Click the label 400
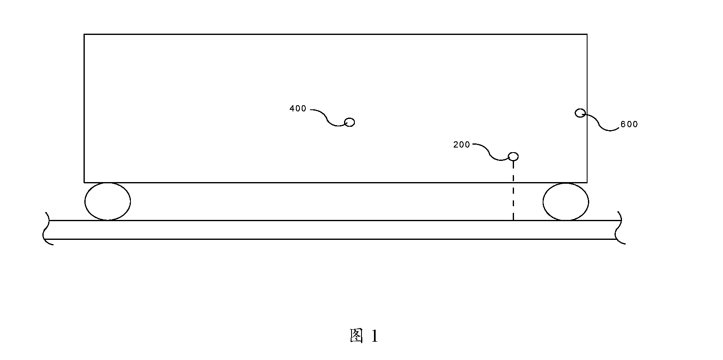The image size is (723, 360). [298, 108]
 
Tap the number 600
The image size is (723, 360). [629, 124]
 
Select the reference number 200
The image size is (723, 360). [462, 145]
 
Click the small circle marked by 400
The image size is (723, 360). [350, 122]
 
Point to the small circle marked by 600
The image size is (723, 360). [580, 113]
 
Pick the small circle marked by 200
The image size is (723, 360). [514, 157]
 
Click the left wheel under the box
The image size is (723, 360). [108, 202]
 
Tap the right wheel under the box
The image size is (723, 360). [566, 202]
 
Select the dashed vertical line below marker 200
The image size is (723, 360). [514, 191]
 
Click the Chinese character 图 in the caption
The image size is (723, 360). [357, 336]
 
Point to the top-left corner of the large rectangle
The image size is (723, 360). [84, 34]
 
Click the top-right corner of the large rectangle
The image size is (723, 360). [587, 34]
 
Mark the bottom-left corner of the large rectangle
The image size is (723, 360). [84, 182]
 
